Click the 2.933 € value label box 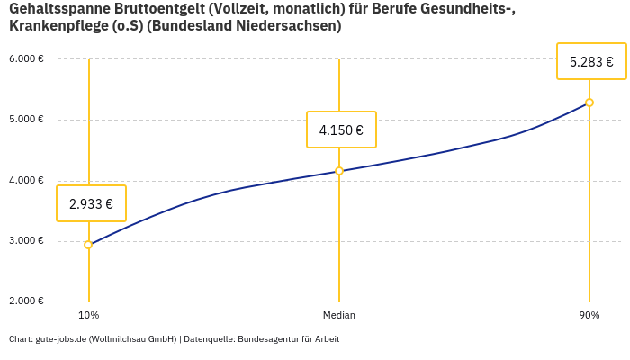click(91, 203)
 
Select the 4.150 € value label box click(341, 130)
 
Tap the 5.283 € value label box click(591, 61)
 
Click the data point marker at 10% click(88, 245)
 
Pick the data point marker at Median click(339, 171)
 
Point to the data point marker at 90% click(589, 103)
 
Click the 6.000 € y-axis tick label click(26, 59)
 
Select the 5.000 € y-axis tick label click(26, 120)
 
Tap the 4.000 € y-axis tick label click(26, 181)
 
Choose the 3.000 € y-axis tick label click(26, 241)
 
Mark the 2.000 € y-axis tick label click(26, 301)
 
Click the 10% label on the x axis click(88, 316)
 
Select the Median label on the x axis click(339, 316)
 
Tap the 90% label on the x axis click(589, 316)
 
